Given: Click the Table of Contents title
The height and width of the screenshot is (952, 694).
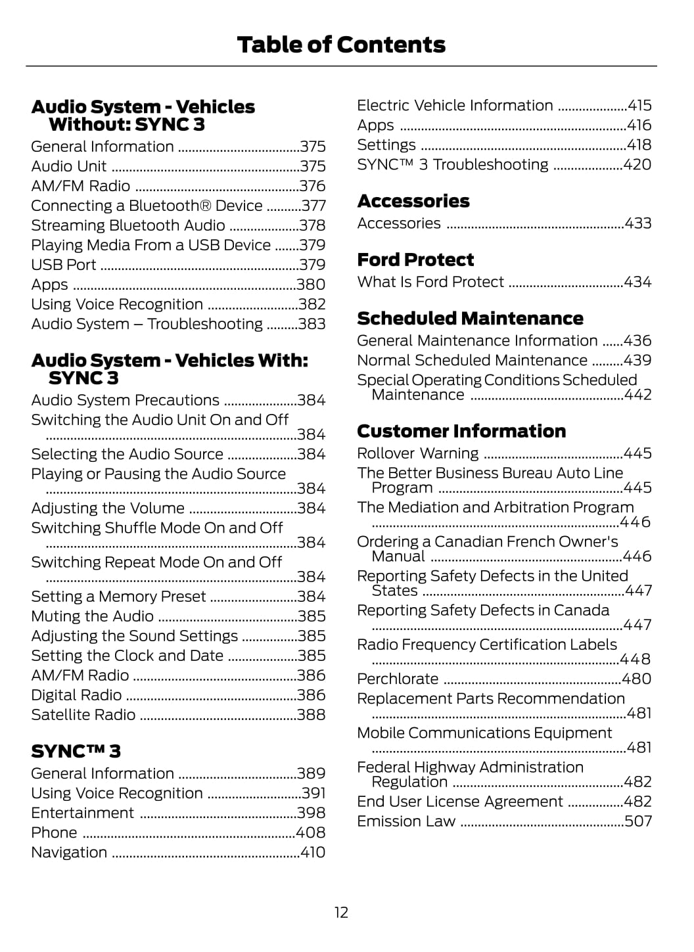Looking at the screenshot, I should click(x=341, y=45).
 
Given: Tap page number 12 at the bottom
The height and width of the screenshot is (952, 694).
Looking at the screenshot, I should click(x=341, y=912).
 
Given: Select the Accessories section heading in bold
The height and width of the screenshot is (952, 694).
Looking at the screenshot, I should click(x=413, y=201).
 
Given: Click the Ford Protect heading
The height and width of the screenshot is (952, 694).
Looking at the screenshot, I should click(x=415, y=260).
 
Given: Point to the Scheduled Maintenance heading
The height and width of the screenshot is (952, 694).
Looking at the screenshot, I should click(x=470, y=319).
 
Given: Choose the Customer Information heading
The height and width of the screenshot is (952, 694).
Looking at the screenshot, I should click(x=461, y=431).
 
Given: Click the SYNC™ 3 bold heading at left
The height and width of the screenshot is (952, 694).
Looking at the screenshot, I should click(x=76, y=751).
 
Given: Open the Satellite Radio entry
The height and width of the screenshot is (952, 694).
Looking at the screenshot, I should click(x=83, y=715).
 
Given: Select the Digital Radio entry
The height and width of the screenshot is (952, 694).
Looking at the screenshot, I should click(x=76, y=695).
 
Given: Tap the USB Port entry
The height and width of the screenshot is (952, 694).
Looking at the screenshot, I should click(x=64, y=265).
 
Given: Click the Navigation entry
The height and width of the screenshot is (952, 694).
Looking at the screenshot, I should click(x=69, y=852).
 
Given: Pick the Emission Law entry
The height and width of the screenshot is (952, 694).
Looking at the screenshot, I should click(x=406, y=821).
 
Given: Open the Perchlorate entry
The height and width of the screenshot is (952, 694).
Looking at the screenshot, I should click(x=398, y=679).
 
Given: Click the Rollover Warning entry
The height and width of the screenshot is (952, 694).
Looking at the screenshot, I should click(x=418, y=453).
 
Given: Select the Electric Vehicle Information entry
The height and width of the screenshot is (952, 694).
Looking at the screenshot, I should click(x=455, y=106).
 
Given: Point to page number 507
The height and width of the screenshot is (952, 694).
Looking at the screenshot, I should click(x=638, y=821).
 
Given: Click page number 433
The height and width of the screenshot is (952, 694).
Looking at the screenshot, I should click(x=638, y=223).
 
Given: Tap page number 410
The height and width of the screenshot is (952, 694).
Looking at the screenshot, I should click(x=313, y=852).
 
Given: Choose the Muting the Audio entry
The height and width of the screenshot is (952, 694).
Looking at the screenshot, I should click(x=93, y=616).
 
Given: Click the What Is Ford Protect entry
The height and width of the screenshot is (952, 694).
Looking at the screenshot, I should click(x=430, y=282).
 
